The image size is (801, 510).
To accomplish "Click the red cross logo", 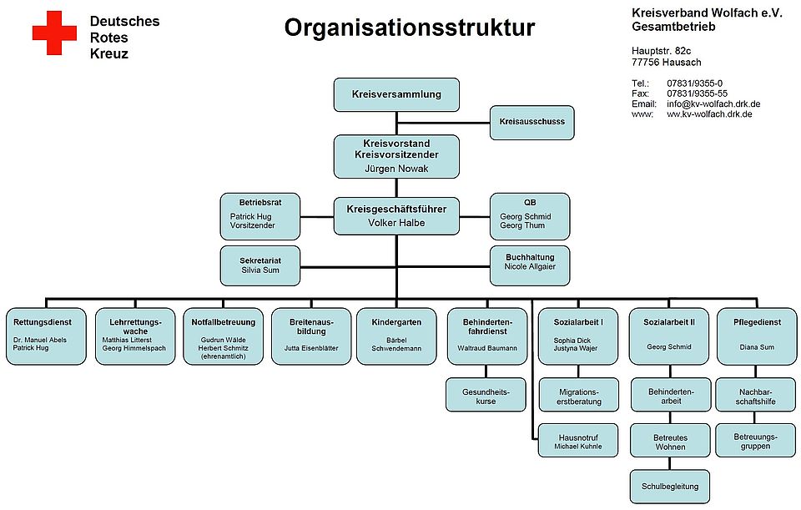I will (x=53, y=33).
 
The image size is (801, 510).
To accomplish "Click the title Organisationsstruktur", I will (x=409, y=28).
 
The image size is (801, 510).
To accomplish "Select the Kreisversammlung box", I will (x=396, y=94).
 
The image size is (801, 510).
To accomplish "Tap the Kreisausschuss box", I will (x=531, y=122).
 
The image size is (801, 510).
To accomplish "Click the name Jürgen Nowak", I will (x=396, y=168).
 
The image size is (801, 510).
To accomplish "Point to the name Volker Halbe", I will (x=396, y=223).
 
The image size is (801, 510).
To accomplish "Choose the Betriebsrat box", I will (x=259, y=215).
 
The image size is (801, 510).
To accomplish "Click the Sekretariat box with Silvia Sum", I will (x=259, y=265).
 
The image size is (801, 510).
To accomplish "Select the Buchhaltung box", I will (x=530, y=265).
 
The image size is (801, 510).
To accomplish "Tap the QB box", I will (x=530, y=215).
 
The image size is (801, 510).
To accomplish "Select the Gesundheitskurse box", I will (x=486, y=395).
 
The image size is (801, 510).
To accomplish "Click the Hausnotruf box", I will (x=578, y=441).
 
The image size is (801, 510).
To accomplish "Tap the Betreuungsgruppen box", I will (x=755, y=441).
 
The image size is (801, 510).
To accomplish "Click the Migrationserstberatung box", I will (x=578, y=395).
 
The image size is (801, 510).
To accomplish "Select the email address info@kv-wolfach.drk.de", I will (x=713, y=104).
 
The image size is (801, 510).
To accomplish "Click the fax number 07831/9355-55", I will (x=697, y=93).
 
